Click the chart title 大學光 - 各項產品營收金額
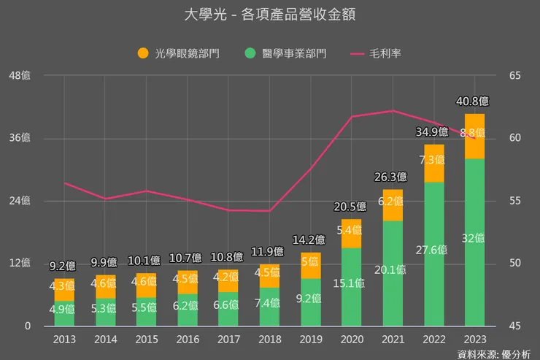pyautogui.click(x=270, y=15)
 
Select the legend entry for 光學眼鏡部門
pyautogui.click(x=179, y=53)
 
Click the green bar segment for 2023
pyautogui.click(x=474, y=242)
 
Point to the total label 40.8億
pyautogui.click(x=474, y=102)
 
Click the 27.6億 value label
pyautogui.click(x=433, y=249)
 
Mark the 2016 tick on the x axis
pyautogui.click(x=187, y=340)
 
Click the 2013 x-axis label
pyautogui.click(x=63, y=340)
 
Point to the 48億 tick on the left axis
pyautogui.click(x=21, y=76)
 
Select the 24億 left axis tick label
pyautogui.click(x=21, y=201)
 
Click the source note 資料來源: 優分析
pyautogui.click(x=494, y=353)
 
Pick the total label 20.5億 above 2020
pyautogui.click(x=351, y=207)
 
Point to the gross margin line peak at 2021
pyautogui.click(x=393, y=111)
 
